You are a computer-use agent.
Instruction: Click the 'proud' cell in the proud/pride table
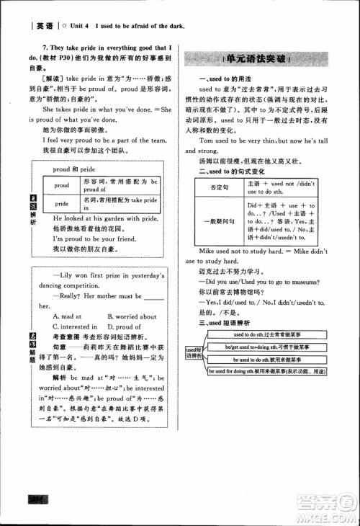pyautogui.click(x=62, y=184)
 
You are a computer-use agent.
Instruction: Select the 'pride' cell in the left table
pyautogui.click(x=62, y=203)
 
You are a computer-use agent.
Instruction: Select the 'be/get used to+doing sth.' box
pyautogui.click(x=265, y=347)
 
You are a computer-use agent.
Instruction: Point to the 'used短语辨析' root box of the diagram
pyautogui.click(x=193, y=353)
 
